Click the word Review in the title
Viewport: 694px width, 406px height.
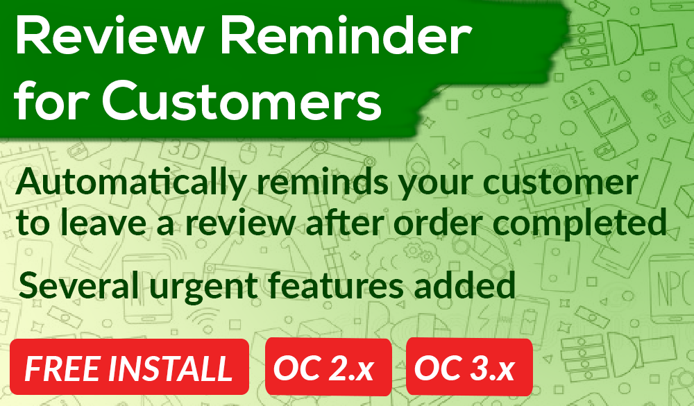[x=108, y=35]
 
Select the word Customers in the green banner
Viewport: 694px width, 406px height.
[x=242, y=101]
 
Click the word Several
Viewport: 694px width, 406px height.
[x=78, y=285]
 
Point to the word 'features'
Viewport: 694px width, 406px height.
[x=336, y=285]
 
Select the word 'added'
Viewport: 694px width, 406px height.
[x=464, y=285]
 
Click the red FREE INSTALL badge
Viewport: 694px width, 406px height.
[x=129, y=366]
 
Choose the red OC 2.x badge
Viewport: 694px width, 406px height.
[x=328, y=366]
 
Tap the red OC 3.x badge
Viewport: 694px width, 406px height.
[x=469, y=366]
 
